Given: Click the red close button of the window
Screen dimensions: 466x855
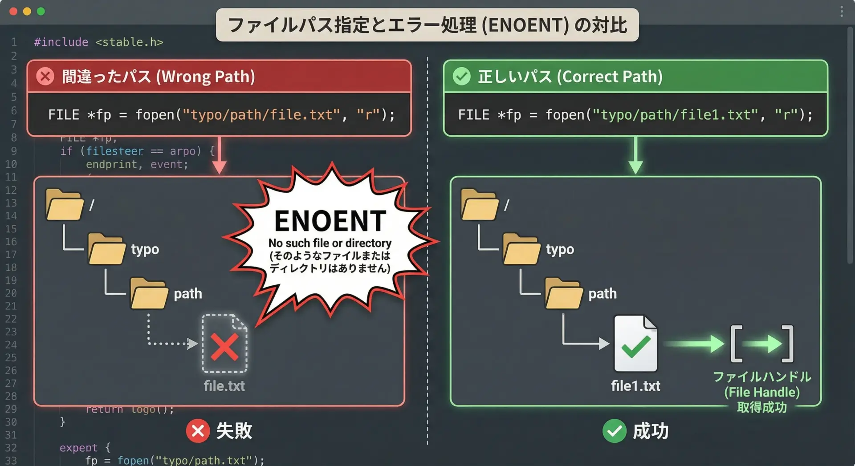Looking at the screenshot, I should pyautogui.click(x=13, y=12).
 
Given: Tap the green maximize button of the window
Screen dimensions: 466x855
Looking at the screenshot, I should pyautogui.click(x=41, y=12).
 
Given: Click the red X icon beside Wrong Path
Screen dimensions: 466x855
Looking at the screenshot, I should pyautogui.click(x=45, y=77).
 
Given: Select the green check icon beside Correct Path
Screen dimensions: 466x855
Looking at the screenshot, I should pyautogui.click(x=461, y=77).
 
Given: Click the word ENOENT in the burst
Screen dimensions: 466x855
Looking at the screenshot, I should pyautogui.click(x=330, y=221).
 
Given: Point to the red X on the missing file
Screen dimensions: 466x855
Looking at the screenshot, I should pyautogui.click(x=224, y=347).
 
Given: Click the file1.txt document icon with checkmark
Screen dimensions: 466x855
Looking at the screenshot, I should pyautogui.click(x=635, y=344).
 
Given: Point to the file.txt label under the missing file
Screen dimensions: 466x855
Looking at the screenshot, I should pyautogui.click(x=224, y=386).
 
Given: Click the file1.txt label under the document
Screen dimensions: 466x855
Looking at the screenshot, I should pyautogui.click(x=635, y=386).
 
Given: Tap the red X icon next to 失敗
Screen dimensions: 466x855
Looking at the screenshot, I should pyautogui.click(x=198, y=431).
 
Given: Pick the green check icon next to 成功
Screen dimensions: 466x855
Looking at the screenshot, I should pyautogui.click(x=614, y=431).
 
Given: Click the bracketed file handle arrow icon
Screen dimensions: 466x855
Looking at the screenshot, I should pyautogui.click(x=762, y=344).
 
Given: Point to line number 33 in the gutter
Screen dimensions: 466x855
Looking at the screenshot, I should pyautogui.click(x=11, y=460).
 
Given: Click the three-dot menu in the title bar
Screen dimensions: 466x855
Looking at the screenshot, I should pyautogui.click(x=842, y=12).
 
